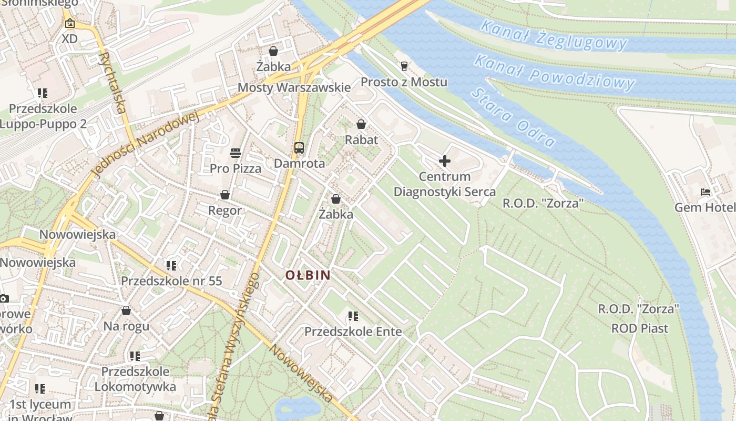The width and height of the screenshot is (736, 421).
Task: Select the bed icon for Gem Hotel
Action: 706,192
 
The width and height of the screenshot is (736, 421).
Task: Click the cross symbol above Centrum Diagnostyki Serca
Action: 445,161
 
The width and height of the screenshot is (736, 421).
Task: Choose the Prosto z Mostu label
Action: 404,82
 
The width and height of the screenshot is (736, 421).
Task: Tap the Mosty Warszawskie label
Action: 294,87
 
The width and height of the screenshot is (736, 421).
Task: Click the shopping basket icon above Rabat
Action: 361,124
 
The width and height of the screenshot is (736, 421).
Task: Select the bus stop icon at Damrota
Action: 299,148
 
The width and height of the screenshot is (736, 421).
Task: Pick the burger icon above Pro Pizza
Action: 236,153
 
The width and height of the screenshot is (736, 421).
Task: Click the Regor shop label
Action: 225,210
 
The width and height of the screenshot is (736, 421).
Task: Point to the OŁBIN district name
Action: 308,275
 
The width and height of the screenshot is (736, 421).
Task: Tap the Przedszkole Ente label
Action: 353,332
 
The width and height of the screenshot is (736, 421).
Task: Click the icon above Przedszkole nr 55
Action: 171,266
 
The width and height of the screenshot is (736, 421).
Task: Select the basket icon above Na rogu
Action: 126,310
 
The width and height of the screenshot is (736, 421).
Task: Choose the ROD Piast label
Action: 640,328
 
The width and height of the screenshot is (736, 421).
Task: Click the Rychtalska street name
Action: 113,82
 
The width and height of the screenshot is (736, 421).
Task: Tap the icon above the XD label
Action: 69,23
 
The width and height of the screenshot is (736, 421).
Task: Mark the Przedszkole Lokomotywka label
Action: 135,379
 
